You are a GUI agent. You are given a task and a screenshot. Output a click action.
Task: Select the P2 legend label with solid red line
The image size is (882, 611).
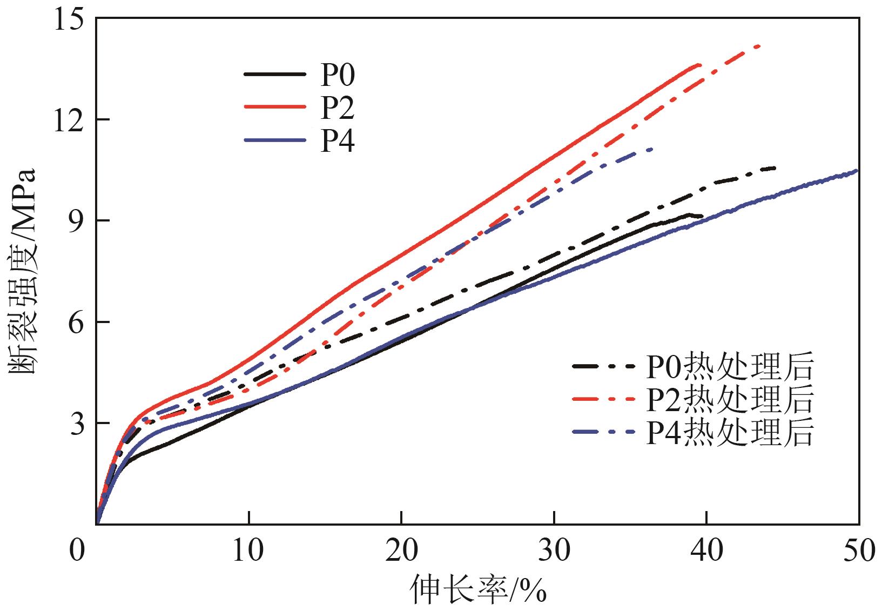338,108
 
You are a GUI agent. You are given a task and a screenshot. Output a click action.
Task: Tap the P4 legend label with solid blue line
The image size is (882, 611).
338,142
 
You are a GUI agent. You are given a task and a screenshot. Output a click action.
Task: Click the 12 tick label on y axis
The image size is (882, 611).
68,120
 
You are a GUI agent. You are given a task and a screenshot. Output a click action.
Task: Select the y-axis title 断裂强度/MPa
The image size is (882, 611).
23,270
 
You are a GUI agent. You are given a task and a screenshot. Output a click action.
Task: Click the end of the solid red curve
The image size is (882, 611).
701,65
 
